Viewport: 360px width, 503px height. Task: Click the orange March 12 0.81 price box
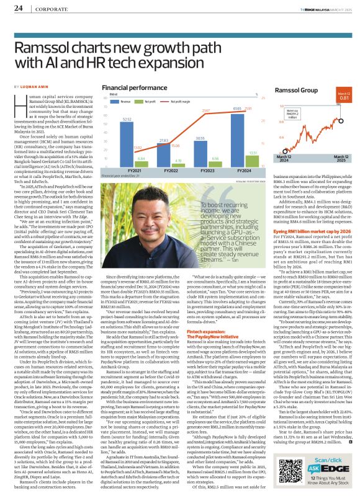tap(343, 96)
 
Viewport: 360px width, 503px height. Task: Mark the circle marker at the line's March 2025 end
tap(343, 106)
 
